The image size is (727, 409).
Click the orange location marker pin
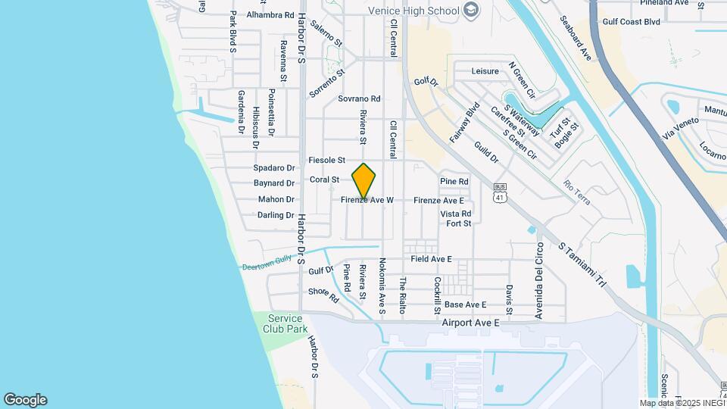click(x=364, y=181)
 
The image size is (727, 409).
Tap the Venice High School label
click(x=413, y=11)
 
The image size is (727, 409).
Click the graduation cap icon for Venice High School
click(x=471, y=10)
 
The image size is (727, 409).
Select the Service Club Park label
click(x=285, y=323)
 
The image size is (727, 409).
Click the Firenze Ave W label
click(x=367, y=201)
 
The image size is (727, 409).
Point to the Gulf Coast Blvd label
click(x=632, y=22)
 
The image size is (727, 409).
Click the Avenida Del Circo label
click(x=540, y=280)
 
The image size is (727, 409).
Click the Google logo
click(x=25, y=400)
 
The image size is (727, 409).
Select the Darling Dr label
click(x=276, y=215)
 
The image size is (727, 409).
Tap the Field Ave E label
click(x=431, y=259)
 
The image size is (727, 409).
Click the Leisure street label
click(x=485, y=71)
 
